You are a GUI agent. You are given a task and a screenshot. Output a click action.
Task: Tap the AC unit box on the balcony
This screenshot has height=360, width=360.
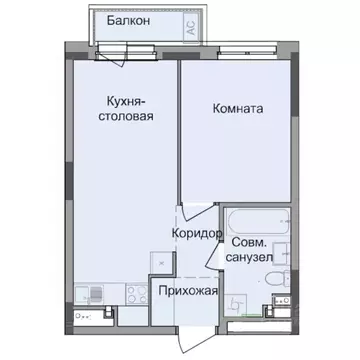189,28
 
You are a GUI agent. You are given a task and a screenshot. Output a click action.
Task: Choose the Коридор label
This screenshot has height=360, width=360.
196,232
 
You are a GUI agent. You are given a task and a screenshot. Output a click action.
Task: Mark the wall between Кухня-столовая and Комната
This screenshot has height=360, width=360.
180,130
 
